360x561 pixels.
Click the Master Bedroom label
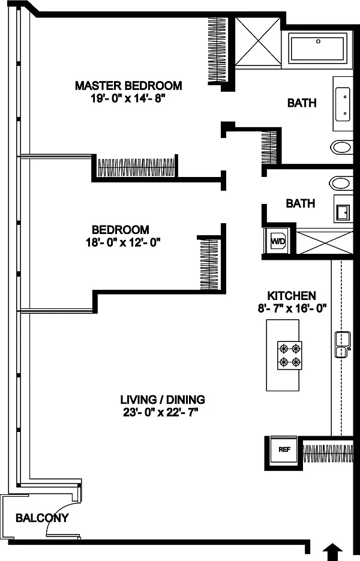point(128,86)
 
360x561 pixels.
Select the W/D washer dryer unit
point(278,241)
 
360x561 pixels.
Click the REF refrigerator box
point(284,449)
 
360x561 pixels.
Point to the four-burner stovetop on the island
point(290,355)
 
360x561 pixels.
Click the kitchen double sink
point(342,344)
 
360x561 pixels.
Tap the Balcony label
point(42,518)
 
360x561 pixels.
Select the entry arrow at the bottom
point(332,553)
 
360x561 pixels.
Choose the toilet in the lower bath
point(341,183)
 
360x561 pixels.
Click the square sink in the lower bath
point(342,212)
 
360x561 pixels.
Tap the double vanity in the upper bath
point(343,103)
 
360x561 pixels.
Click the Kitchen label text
point(292,296)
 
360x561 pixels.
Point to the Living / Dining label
point(163,399)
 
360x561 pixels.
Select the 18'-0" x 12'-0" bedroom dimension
point(121,242)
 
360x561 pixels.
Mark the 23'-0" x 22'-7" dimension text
point(161,413)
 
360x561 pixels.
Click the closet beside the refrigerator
point(328,454)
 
